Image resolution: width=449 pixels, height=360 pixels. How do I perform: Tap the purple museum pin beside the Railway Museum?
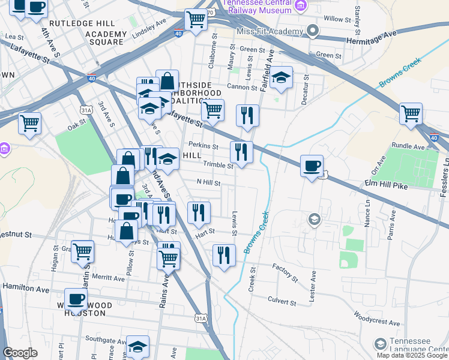[302, 7]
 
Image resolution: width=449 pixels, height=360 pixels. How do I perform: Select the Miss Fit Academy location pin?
[311, 31]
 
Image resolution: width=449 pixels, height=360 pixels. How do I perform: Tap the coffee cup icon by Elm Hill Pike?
[312, 166]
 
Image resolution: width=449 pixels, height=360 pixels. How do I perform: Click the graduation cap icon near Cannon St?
[280, 77]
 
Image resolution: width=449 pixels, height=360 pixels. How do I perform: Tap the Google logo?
[20, 353]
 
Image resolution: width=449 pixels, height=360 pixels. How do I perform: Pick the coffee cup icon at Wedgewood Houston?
[76, 298]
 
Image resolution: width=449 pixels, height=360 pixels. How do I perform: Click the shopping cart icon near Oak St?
[29, 123]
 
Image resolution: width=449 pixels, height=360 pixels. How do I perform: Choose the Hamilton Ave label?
[26, 289]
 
